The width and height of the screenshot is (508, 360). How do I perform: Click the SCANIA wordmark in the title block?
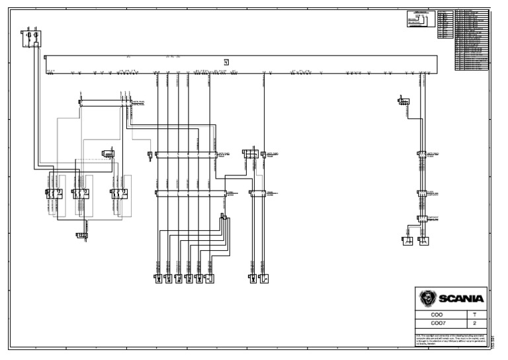click(x=460, y=298)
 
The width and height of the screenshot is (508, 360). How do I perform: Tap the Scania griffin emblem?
click(x=428, y=298)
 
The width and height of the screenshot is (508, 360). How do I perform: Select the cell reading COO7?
click(x=437, y=324)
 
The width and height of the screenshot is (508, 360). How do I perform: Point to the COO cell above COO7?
click(x=437, y=315)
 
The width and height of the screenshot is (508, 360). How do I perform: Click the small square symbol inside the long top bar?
click(x=226, y=62)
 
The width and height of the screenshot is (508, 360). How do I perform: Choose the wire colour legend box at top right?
click(x=420, y=19)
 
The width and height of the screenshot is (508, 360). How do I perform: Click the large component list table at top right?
click(x=472, y=40)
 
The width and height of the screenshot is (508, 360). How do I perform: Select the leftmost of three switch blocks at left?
click(x=54, y=193)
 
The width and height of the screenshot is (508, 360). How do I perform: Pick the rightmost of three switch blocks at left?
click(x=118, y=193)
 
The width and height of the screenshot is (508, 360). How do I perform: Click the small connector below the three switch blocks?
click(x=82, y=235)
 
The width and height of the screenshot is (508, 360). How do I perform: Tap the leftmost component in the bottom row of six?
click(x=157, y=279)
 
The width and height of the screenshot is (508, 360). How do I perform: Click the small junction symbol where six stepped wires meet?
click(x=224, y=217)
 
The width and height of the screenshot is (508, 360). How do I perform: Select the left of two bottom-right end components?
click(x=407, y=241)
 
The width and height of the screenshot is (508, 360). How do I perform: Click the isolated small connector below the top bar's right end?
click(x=403, y=101)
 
